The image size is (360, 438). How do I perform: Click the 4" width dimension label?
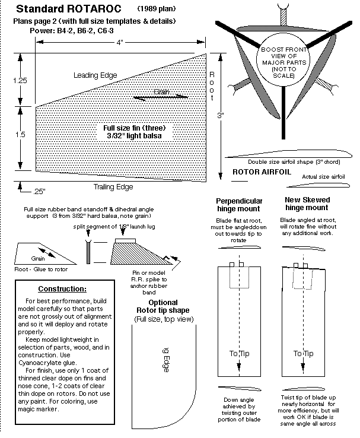coord(120,43)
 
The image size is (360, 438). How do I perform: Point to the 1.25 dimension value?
coord(20,80)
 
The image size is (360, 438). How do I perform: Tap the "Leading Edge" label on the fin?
coord(95,75)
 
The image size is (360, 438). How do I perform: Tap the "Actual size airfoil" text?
coord(324,177)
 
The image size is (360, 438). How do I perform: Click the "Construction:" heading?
coord(62,290)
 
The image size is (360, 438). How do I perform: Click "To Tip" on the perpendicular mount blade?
coord(239,354)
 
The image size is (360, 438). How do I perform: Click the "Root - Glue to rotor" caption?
coord(40,269)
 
